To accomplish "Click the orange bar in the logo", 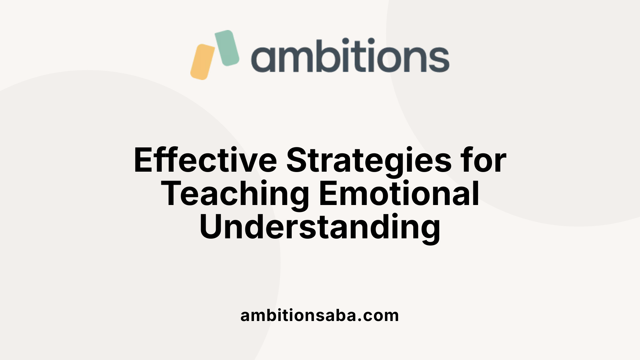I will (203, 62).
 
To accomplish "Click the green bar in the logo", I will (227, 48).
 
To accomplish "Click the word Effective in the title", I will (205, 161).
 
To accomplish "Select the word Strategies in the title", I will (369, 161).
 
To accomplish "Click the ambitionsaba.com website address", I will (320, 315).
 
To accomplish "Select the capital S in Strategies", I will (297, 161).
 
